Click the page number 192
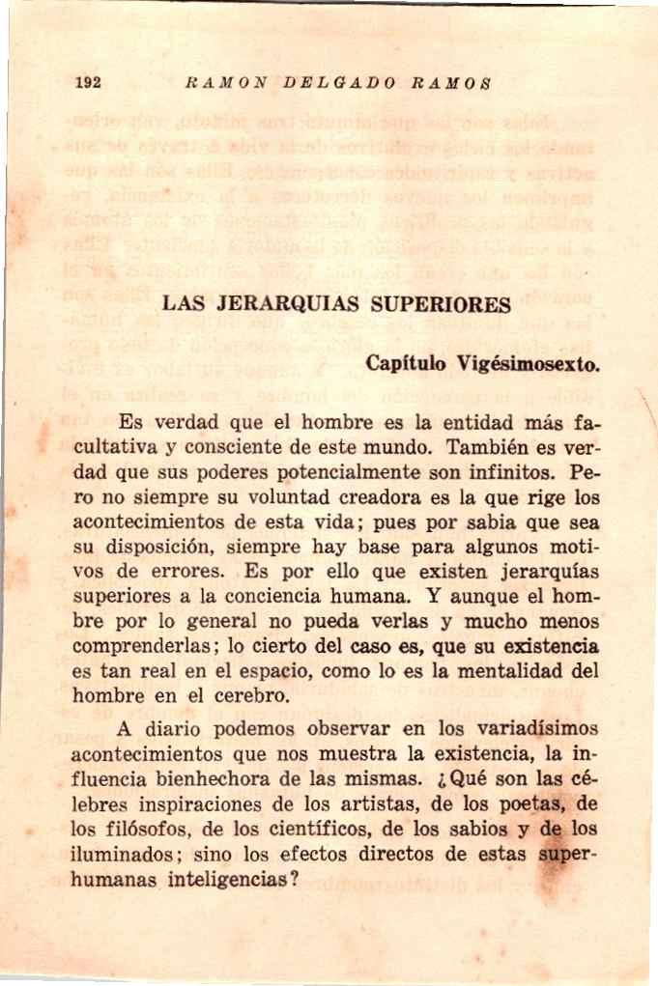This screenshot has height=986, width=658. coord(90,82)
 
